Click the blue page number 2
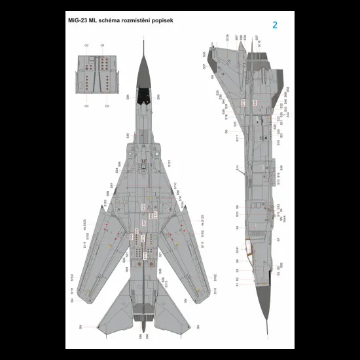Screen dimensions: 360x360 (x=275, y=26)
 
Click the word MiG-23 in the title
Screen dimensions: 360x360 (x=80, y=20)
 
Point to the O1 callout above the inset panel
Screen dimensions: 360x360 (x=103, y=45)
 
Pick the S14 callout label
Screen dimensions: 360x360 (x=238, y=168)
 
